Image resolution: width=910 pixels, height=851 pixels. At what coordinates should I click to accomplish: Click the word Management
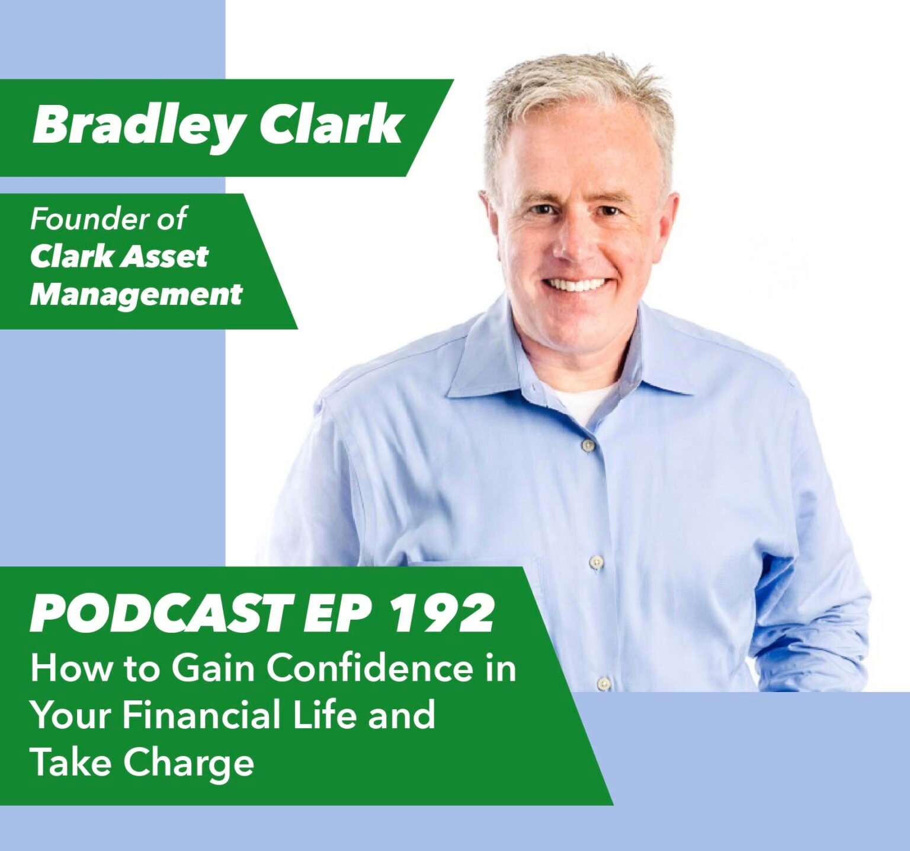[x=136, y=295]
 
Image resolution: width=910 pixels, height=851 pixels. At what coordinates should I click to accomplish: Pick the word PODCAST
[x=161, y=614]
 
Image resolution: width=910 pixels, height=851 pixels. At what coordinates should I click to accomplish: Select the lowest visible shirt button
[x=603, y=683]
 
